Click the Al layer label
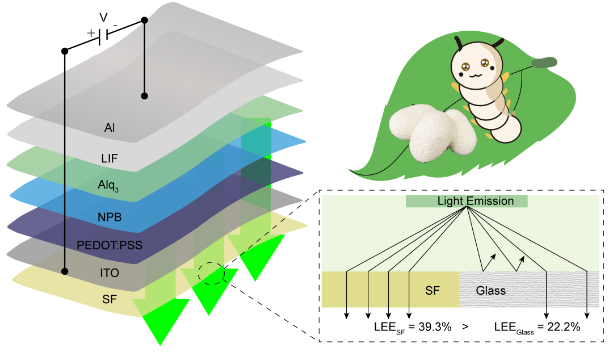coord(110,129)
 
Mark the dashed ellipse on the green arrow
coord(211,273)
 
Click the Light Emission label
coord(467,201)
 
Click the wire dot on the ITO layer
coord(65,271)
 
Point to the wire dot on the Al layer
coord(144,96)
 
